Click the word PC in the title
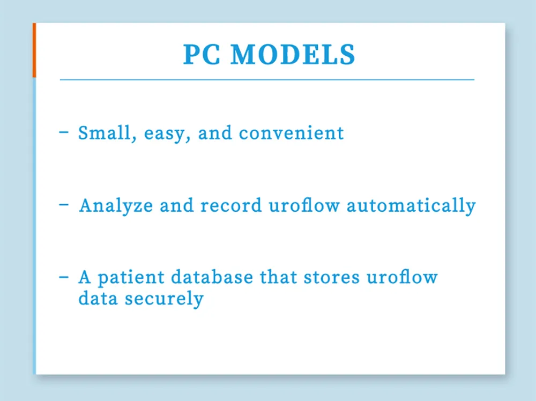click(x=202, y=55)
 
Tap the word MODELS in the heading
click(x=293, y=55)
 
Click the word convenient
click(x=292, y=133)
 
